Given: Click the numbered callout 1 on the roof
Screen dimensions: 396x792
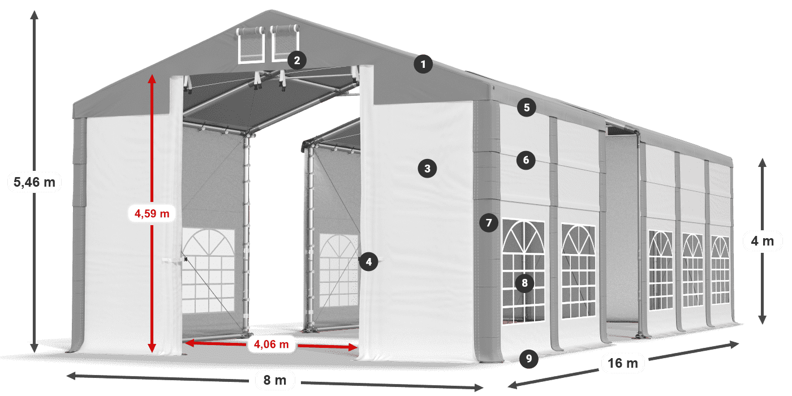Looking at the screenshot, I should coord(423,64).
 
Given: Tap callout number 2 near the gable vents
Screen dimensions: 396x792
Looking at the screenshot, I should coord(296,60).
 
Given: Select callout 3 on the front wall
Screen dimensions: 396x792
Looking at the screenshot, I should coord(427,168).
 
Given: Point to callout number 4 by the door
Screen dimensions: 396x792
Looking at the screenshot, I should coord(368,261).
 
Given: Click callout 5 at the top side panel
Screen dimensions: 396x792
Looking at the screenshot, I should coord(526,107).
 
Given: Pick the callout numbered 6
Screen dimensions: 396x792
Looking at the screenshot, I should coord(526,161).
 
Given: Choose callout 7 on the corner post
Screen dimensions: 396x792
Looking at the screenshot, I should coord(489,222).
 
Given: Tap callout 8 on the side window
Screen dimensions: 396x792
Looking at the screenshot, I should coord(524,283).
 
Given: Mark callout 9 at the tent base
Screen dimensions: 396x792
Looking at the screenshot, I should coord(528,358).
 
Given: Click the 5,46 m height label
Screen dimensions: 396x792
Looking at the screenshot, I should coord(35,182).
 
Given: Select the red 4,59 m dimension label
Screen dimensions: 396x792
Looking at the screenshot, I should coord(152,214).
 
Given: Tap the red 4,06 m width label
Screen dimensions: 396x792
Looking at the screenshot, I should coord(272,343).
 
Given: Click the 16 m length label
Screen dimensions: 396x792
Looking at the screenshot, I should coord(623,363).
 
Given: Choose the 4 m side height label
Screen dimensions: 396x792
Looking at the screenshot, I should coord(762,242).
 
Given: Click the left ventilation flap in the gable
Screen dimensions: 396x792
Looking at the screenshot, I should coord(251,45).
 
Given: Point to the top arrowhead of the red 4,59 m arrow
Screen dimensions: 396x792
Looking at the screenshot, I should coord(152,78).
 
